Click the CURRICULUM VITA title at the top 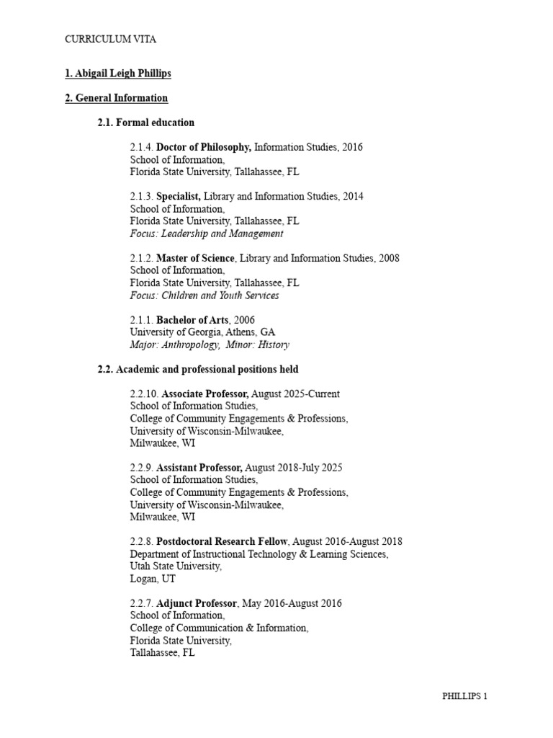(110, 40)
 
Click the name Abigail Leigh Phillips (117, 74)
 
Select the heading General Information (116, 98)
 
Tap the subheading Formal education (146, 123)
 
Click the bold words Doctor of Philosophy (204, 147)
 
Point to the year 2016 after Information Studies (353, 147)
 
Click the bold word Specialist (179, 196)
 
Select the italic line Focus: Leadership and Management (206, 234)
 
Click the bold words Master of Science (195, 258)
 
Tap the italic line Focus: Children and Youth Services (204, 295)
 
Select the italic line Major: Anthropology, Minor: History (210, 344)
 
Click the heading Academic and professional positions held (198, 369)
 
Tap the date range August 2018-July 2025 (297, 468)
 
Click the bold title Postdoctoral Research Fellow (222, 541)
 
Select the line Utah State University (176, 566)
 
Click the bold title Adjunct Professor (197, 603)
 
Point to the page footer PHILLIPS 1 (464, 696)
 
